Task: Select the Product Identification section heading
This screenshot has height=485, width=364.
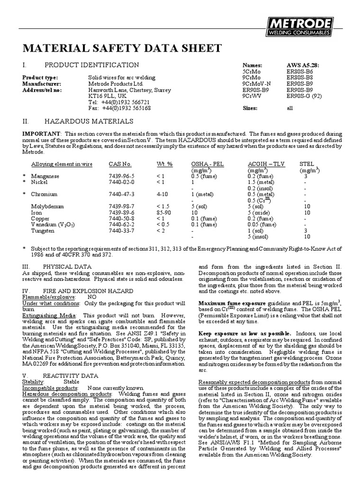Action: click(91, 65)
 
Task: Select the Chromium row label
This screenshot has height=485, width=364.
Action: click(44, 194)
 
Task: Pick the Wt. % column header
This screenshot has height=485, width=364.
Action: click(164, 164)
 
